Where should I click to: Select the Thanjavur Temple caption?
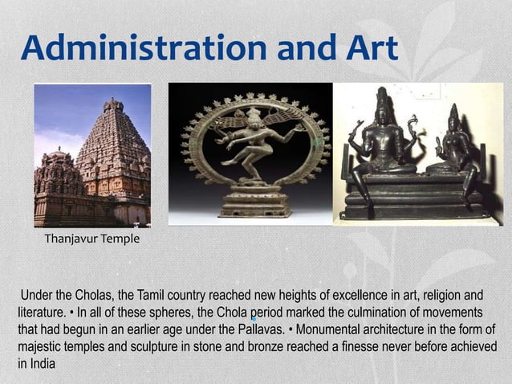pos(91,239)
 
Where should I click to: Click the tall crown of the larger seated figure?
pos(383,100)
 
